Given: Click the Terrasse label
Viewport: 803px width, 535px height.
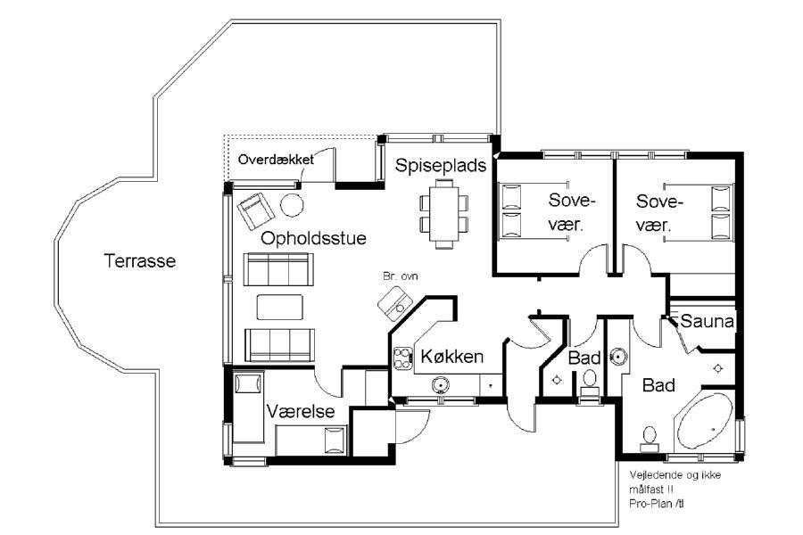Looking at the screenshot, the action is [x=140, y=261].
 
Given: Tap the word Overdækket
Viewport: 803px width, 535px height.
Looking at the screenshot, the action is [x=276, y=160].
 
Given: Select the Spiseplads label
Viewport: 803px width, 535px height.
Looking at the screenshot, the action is [x=441, y=165].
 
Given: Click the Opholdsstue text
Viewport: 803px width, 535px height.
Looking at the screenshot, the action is [x=313, y=239].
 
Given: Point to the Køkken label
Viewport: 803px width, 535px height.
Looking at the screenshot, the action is [x=451, y=357].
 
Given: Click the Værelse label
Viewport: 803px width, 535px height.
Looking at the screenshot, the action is [x=301, y=411].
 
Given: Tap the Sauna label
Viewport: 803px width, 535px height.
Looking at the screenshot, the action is [x=707, y=322].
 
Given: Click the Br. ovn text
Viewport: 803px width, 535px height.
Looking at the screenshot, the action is [x=401, y=276].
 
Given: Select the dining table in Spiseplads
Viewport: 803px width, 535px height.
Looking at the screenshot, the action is [x=444, y=213].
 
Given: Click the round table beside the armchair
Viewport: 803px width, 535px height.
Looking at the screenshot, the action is [x=292, y=205].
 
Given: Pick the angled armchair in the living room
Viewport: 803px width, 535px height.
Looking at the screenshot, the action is [x=255, y=211].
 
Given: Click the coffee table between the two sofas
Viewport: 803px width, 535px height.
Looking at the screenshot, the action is [x=279, y=307].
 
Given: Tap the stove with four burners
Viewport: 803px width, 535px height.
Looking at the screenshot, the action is [x=403, y=358].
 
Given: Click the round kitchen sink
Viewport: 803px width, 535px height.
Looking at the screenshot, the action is [x=440, y=384].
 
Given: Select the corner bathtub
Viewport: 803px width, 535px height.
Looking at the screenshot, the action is [x=705, y=422].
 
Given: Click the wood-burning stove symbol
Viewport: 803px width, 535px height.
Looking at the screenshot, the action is [x=395, y=303].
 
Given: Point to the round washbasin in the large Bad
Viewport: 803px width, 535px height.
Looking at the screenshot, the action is [x=618, y=356].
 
